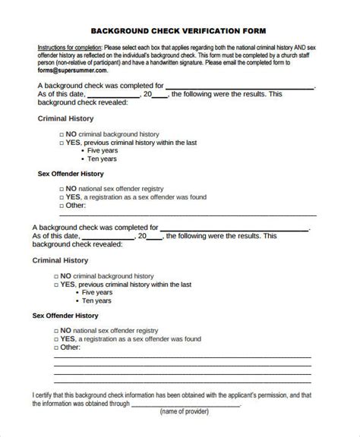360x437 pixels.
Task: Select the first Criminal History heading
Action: (x=65, y=118)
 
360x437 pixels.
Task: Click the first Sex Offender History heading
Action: (x=71, y=173)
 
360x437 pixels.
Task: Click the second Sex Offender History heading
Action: (x=65, y=314)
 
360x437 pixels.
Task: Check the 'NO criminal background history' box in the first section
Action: (x=61, y=133)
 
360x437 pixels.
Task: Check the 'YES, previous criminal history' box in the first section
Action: (x=61, y=141)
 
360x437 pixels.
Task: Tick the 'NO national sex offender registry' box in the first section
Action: (x=61, y=187)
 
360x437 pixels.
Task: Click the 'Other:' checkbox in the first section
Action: (x=61, y=205)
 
